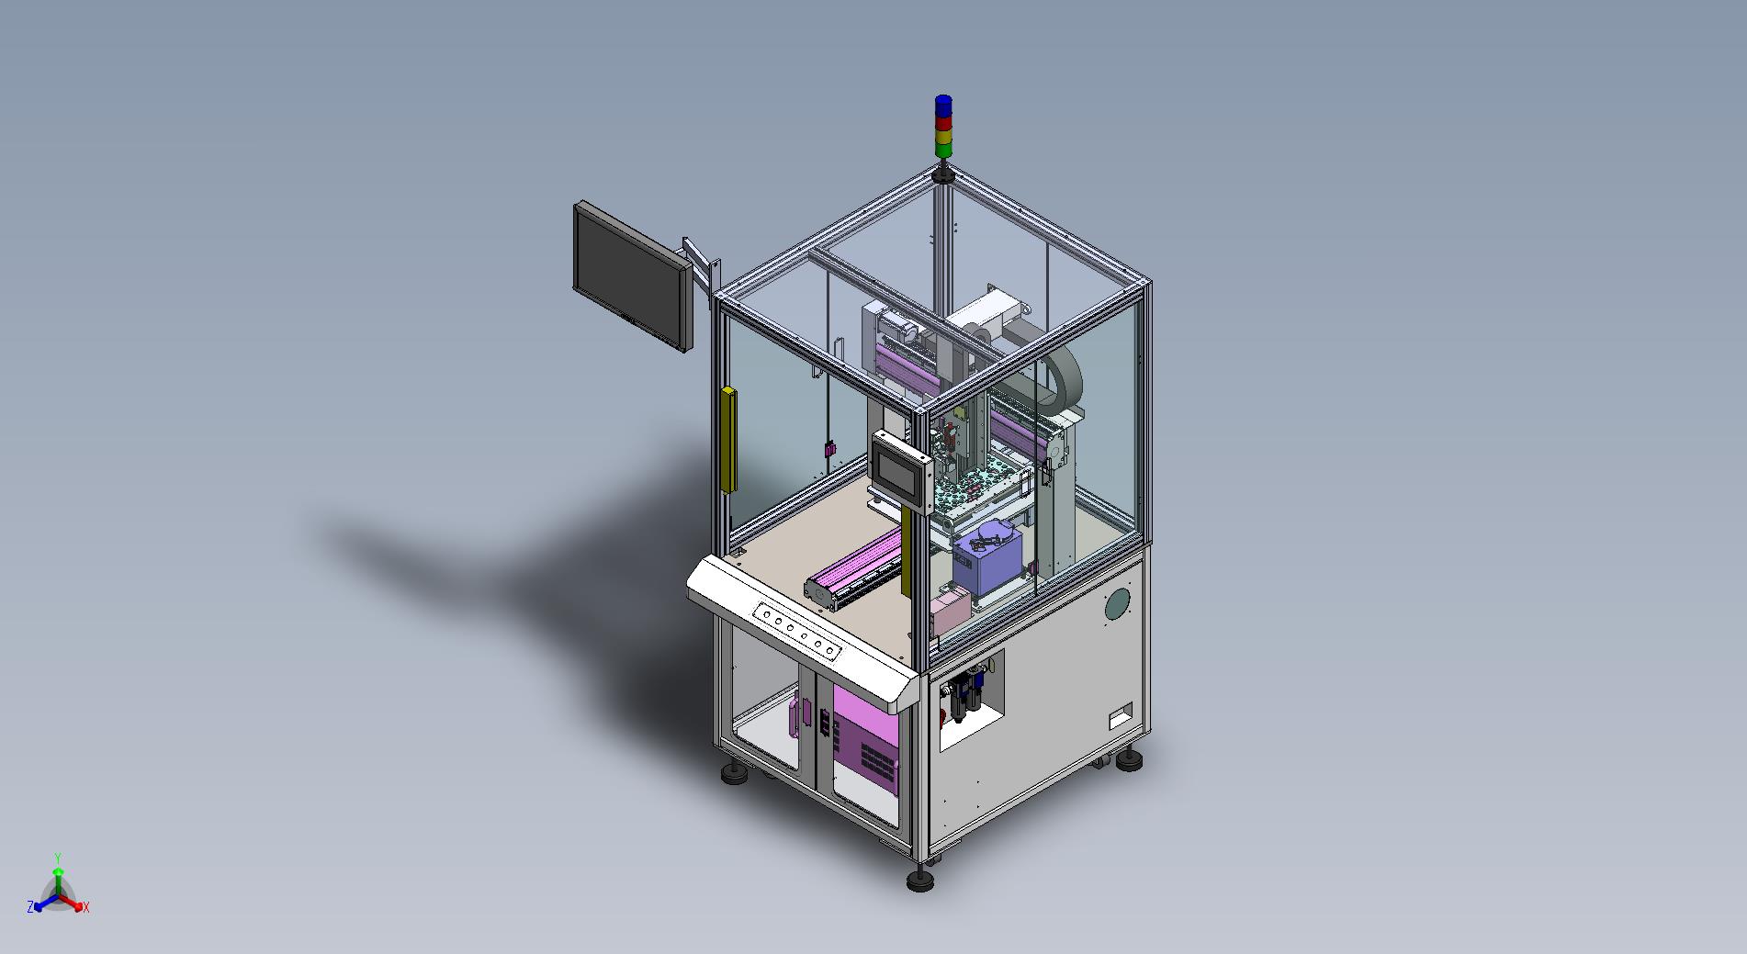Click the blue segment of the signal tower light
coord(943,104)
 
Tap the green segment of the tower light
coord(943,148)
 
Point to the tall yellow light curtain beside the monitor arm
coord(729,439)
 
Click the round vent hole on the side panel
coord(1116,604)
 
